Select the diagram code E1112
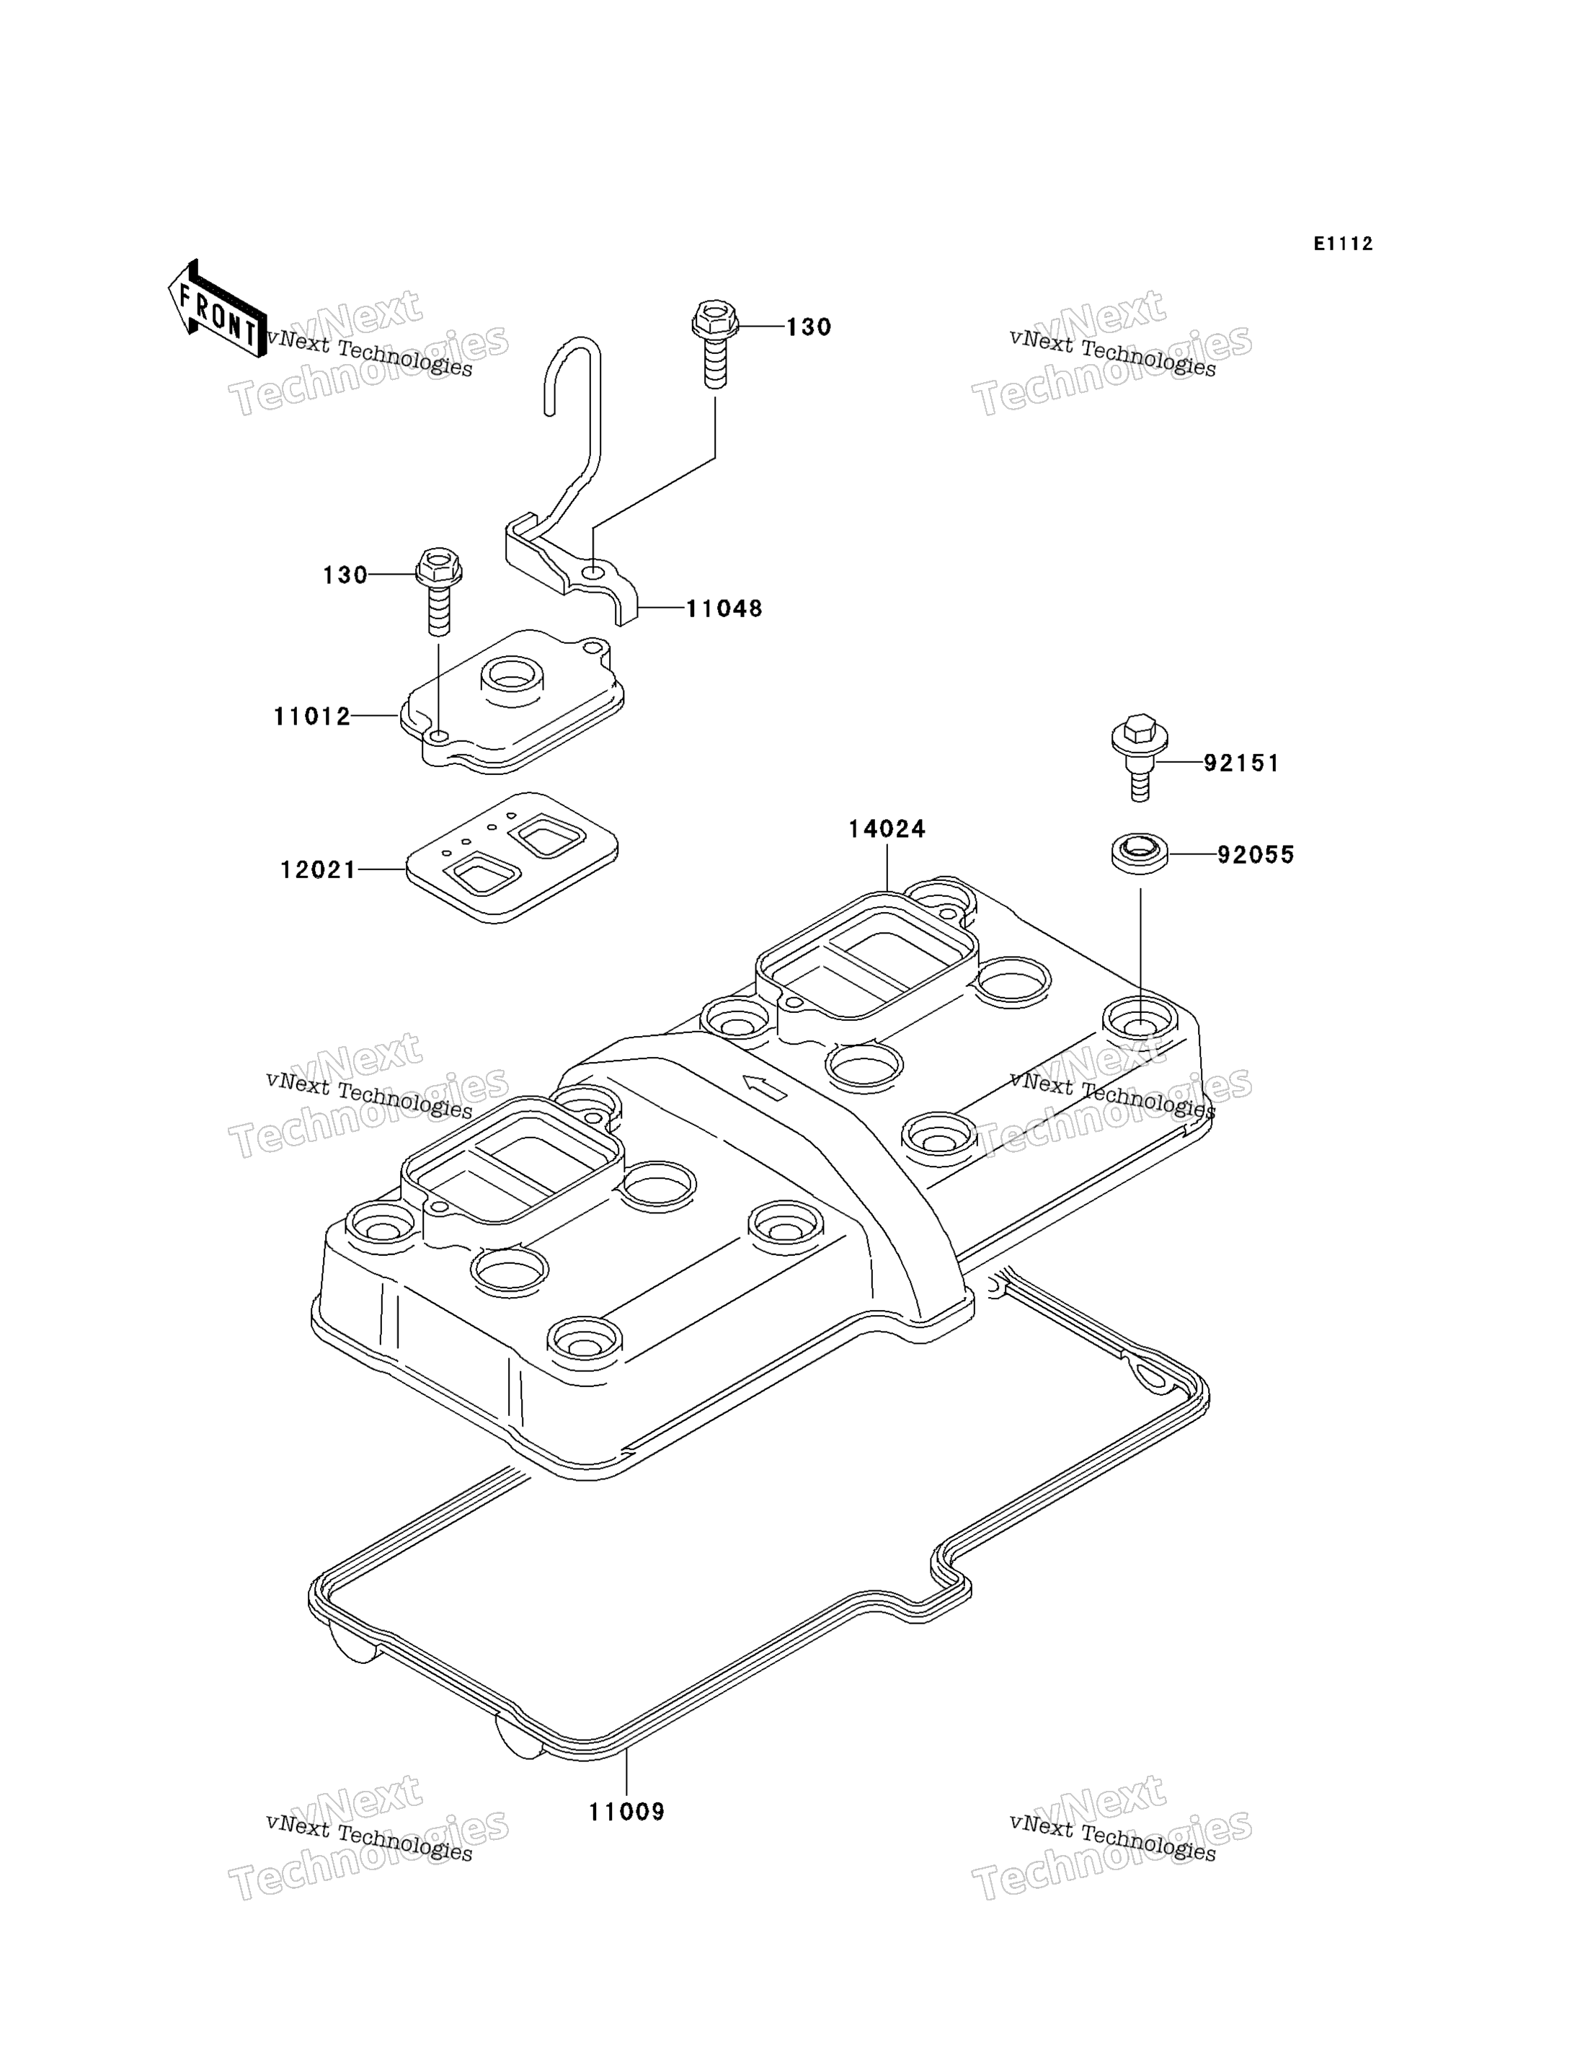click(x=1343, y=244)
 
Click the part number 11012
click(x=312, y=717)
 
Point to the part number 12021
click(x=319, y=870)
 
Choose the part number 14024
click(x=887, y=829)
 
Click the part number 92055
click(x=1256, y=855)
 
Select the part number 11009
click(x=627, y=1812)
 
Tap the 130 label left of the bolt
click(x=345, y=575)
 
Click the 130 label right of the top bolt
click(x=809, y=327)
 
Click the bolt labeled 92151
click(x=1140, y=757)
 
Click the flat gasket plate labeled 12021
click(x=512, y=857)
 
